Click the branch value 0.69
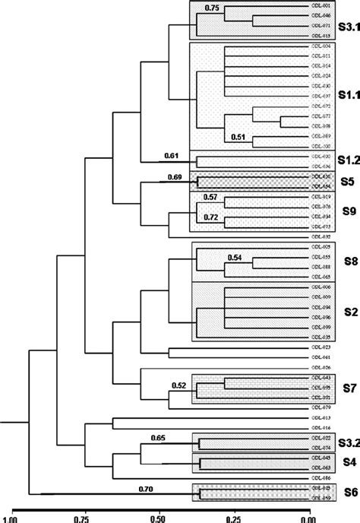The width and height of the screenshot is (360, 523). tap(179, 177)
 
